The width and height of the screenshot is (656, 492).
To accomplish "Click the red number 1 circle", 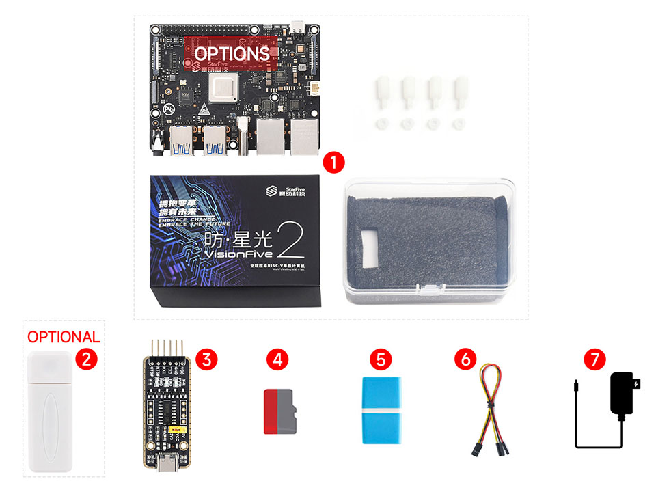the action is [x=333, y=163].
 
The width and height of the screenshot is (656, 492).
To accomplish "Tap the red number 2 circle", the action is [x=85, y=358].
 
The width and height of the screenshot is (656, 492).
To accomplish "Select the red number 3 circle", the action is [x=206, y=358].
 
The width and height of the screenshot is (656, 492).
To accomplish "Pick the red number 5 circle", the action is [x=381, y=358].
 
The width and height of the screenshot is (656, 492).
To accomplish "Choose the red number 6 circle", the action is [x=465, y=358].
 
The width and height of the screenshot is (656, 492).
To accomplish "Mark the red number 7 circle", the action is [x=595, y=358].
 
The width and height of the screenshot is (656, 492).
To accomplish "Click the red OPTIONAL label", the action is [x=64, y=337].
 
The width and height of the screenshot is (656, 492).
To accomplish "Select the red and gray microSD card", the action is [x=279, y=411].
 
